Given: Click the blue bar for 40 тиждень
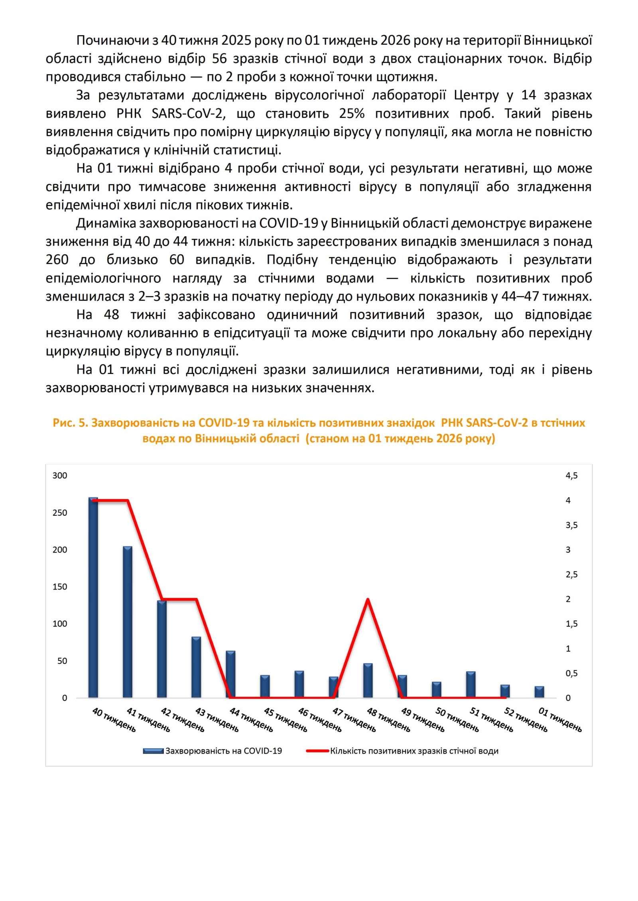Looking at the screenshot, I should click(x=93, y=597).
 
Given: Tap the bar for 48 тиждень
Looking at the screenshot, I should click(x=368, y=681).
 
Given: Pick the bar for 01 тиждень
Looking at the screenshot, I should click(x=539, y=692).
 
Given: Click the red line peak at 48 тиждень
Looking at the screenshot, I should click(x=368, y=599).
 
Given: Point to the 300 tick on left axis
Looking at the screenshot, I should click(x=60, y=476).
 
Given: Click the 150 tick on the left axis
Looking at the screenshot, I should click(x=60, y=587).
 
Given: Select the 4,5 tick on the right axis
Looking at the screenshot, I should click(x=571, y=476).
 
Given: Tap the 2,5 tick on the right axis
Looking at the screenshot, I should click(x=571, y=574).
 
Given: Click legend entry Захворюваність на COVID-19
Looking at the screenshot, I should click(x=223, y=751).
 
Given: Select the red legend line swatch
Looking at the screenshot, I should click(x=317, y=751).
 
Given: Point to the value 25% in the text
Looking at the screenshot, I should click(x=352, y=114).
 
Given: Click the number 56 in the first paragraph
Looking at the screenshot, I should click(x=219, y=59).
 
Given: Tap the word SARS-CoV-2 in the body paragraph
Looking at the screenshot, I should click(x=188, y=114).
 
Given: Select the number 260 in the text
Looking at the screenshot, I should click(x=57, y=260).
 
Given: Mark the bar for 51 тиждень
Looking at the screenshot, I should click(x=471, y=685).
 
